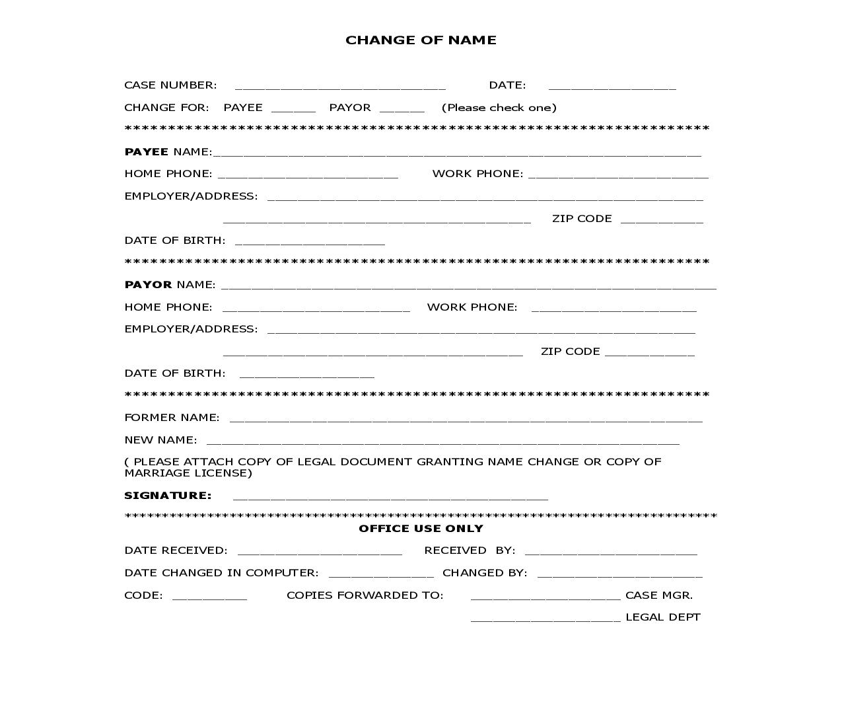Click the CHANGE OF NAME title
[x=421, y=40]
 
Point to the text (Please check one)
[x=499, y=108]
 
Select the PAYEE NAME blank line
[x=457, y=153]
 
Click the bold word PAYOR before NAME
[x=148, y=285]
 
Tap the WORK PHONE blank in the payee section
[x=618, y=174]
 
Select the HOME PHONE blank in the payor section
[x=316, y=308]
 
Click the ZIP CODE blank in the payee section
[x=662, y=219]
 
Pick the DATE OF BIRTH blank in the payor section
[x=306, y=374]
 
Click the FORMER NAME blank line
[x=466, y=418]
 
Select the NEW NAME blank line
[x=442, y=441]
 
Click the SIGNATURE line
[x=390, y=496]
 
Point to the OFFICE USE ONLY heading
[x=421, y=529]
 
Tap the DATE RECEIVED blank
[x=320, y=551]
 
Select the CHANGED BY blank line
[x=619, y=574]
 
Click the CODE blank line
[x=209, y=596]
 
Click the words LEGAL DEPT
[x=662, y=617]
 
